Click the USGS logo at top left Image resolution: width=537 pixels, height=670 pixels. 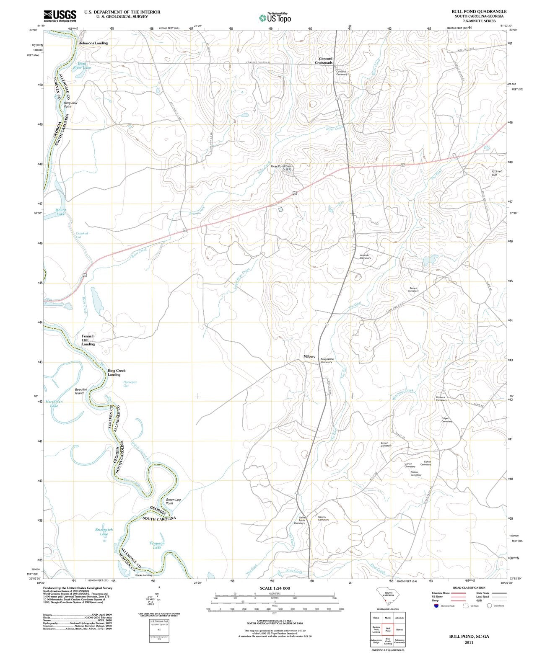pyautogui.click(x=60, y=15)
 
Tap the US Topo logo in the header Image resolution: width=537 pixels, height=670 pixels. pyautogui.click(x=275, y=18)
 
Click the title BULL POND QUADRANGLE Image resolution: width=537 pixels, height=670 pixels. pyautogui.click(x=479, y=12)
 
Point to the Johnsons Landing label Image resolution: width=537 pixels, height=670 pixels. pyautogui.click(x=93, y=43)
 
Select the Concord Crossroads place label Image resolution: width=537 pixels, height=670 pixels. pyautogui.click(x=325, y=61)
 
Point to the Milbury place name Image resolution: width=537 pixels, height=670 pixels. pyautogui.click(x=309, y=356)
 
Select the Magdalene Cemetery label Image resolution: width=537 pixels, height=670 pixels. pyautogui.click(x=327, y=360)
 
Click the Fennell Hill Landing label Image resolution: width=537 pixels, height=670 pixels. pyautogui.click(x=88, y=340)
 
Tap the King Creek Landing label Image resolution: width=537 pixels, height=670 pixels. pyautogui.click(x=116, y=373)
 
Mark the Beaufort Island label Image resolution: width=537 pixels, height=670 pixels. pyautogui.click(x=81, y=391)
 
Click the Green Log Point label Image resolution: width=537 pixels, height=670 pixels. pyautogui.click(x=173, y=501)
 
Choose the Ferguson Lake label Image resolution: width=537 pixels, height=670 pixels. pyautogui.click(x=157, y=545)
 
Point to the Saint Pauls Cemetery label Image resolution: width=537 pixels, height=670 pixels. pyautogui.click(x=299, y=520)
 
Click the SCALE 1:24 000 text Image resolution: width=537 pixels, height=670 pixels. pyautogui.click(x=275, y=588)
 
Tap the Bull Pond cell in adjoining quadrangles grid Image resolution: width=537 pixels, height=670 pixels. pyautogui.click(x=388, y=629)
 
